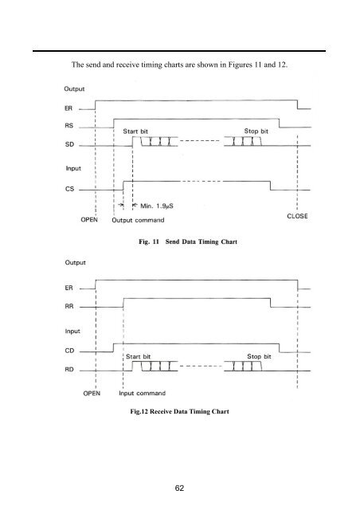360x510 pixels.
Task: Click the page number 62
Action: [x=179, y=488]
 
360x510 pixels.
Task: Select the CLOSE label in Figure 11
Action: [x=297, y=216]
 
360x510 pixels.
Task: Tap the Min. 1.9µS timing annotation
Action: [x=157, y=206]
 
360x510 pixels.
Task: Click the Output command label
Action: [x=138, y=220]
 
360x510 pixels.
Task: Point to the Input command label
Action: [x=142, y=393]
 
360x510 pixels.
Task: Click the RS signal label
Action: [x=69, y=126]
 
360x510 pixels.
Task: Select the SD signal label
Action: [x=69, y=144]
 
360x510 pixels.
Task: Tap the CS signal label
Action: [x=69, y=189]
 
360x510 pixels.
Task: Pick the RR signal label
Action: [x=69, y=306]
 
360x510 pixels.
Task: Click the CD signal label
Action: [x=69, y=351]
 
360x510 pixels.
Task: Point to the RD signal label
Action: [x=69, y=369]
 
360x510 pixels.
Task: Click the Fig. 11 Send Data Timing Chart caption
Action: [x=188, y=241]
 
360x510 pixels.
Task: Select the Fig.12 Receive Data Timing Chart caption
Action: [x=179, y=411]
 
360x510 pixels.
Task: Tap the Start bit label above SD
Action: [x=135, y=131]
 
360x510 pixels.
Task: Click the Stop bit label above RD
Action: [x=259, y=356]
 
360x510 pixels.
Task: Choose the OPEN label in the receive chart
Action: [x=92, y=393]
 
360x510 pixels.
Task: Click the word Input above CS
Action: [x=73, y=168]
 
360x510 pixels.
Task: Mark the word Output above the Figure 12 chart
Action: [x=75, y=262]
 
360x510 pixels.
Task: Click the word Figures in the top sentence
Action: [x=240, y=65]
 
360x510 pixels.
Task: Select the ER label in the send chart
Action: [x=68, y=108]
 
